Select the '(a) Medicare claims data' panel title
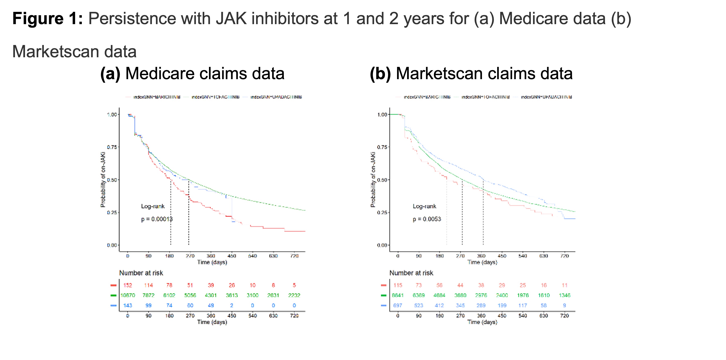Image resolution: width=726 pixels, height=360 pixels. tap(192, 74)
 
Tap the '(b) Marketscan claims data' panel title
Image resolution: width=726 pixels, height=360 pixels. tap(471, 74)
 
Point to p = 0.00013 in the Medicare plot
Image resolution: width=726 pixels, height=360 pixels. tap(157, 219)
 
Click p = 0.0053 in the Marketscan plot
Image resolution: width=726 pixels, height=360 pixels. tap(427, 219)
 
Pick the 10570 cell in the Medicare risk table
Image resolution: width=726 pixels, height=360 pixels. tap(128, 295)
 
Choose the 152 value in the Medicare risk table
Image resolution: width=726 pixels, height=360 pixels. tap(128, 285)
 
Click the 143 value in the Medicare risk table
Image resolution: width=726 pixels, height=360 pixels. tap(128, 305)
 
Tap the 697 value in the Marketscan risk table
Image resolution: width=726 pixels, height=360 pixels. tap(398, 305)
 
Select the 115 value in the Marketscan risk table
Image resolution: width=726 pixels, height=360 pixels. tap(398, 285)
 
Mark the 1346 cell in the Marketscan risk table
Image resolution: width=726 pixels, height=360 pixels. tap(565, 295)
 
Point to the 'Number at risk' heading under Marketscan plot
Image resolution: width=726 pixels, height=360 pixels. tap(411, 273)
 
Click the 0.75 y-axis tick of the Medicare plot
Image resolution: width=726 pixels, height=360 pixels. tap(112, 147)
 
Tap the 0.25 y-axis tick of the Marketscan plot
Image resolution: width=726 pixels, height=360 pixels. tap(382, 212)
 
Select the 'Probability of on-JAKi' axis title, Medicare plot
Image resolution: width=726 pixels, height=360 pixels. tap(103, 180)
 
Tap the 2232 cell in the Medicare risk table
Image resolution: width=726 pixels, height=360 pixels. tap(294, 295)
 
